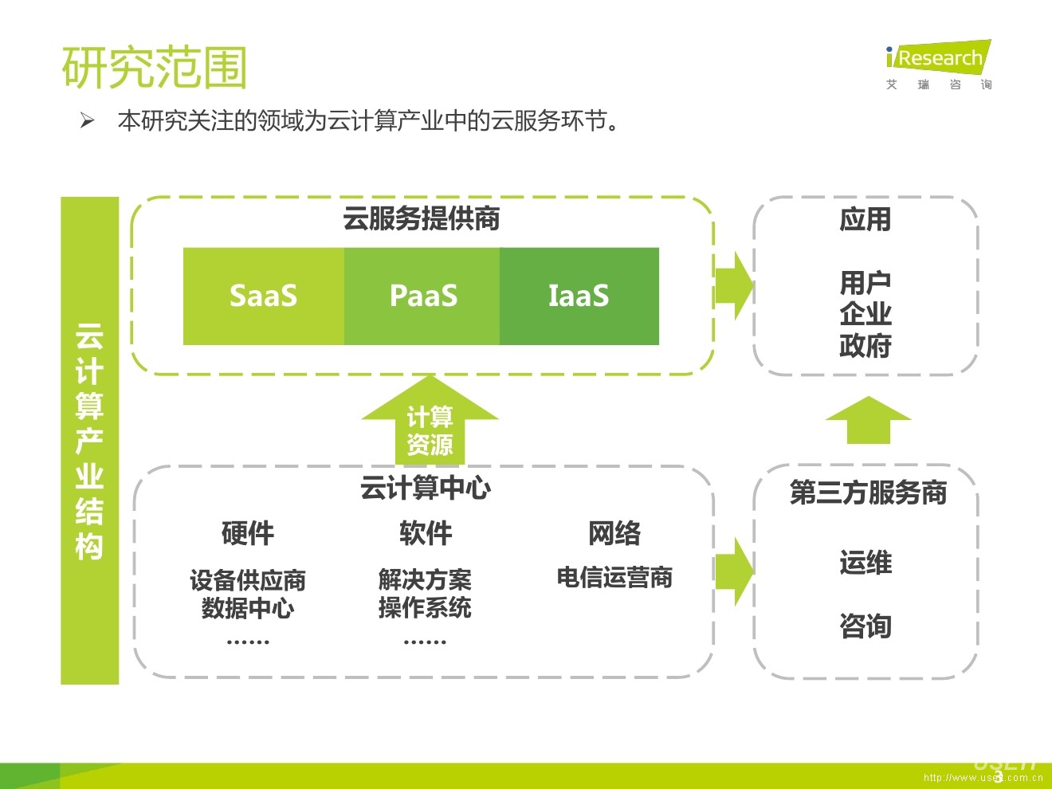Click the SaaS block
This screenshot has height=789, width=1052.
tap(264, 296)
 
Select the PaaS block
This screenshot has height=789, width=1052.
tap(422, 296)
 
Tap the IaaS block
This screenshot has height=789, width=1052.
tap(579, 296)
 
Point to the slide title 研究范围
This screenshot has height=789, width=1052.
tap(155, 67)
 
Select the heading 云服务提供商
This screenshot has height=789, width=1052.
tap(422, 218)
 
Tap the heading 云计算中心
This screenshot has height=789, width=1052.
tap(426, 487)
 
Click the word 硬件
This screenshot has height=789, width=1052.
tap(248, 533)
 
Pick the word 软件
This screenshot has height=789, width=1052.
tap(426, 533)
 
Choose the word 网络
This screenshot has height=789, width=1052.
tap(614, 533)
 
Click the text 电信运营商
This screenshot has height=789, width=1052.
tap(614, 577)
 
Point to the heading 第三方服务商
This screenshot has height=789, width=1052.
tap(868, 493)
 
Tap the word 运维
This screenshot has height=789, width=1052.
tap(866, 563)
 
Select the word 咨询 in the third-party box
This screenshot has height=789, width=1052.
tap(866, 626)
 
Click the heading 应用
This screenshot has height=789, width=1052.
tap(866, 219)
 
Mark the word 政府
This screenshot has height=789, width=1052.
tap(866, 346)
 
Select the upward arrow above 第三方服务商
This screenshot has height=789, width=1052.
tap(868, 419)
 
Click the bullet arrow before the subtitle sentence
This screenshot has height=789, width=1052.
tap(87, 121)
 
